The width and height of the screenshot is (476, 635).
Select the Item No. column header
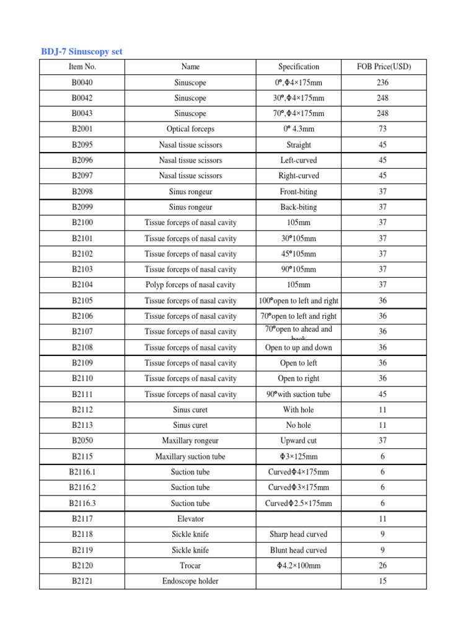tap(82, 67)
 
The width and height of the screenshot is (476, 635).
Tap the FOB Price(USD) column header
tap(382, 67)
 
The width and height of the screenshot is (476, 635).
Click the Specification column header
tap(299, 67)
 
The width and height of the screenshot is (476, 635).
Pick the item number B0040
tap(82, 82)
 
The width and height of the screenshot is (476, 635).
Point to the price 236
tap(382, 82)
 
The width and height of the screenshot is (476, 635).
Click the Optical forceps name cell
tap(190, 129)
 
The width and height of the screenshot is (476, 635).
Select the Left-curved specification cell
tap(299, 160)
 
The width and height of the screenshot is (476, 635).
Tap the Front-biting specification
tap(299, 192)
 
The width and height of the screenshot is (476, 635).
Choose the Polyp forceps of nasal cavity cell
tap(190, 285)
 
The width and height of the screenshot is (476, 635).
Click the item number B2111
tap(82, 394)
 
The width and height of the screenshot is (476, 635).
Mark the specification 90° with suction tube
tap(299, 394)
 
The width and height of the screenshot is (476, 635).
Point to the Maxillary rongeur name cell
tap(190, 440)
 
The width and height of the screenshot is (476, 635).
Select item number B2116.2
tap(82, 487)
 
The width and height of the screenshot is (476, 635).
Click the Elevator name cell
tap(190, 518)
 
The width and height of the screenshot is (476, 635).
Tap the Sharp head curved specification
tap(299, 534)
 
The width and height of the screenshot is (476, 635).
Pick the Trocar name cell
tap(190, 566)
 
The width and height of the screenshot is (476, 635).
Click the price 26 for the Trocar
tap(382, 566)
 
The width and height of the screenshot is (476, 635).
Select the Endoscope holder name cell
tap(190, 581)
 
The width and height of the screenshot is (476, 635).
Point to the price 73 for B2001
tap(382, 129)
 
